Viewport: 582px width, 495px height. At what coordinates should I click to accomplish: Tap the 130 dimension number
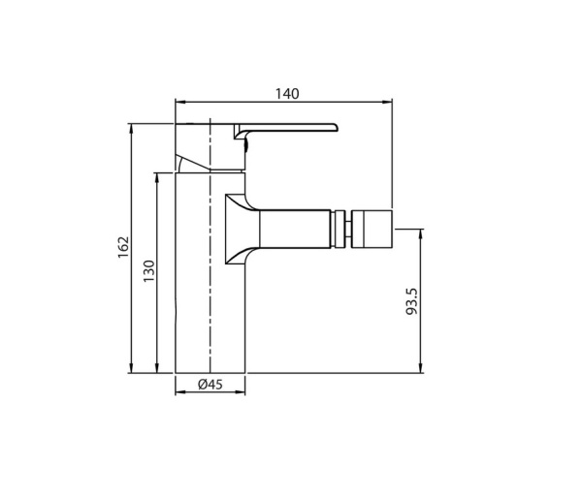click(x=148, y=271)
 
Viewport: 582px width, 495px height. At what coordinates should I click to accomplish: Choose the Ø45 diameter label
click(x=210, y=384)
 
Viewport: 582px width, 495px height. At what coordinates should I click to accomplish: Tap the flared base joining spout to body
click(x=238, y=229)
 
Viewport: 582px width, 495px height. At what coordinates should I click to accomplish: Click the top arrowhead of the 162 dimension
click(x=131, y=128)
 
